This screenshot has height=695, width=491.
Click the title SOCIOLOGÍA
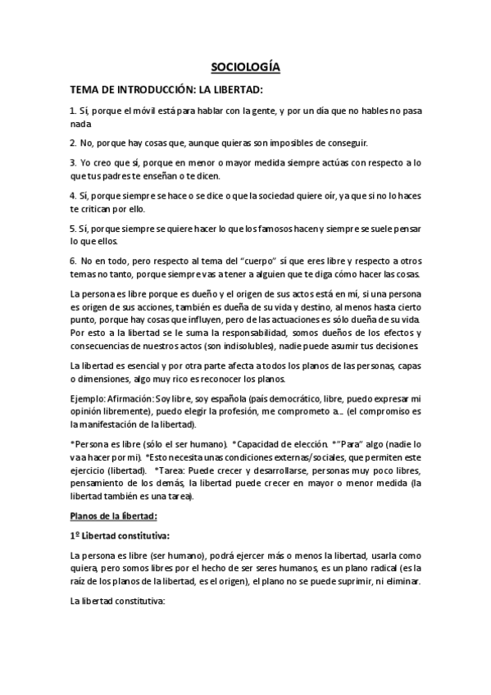pyautogui.click(x=245, y=69)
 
